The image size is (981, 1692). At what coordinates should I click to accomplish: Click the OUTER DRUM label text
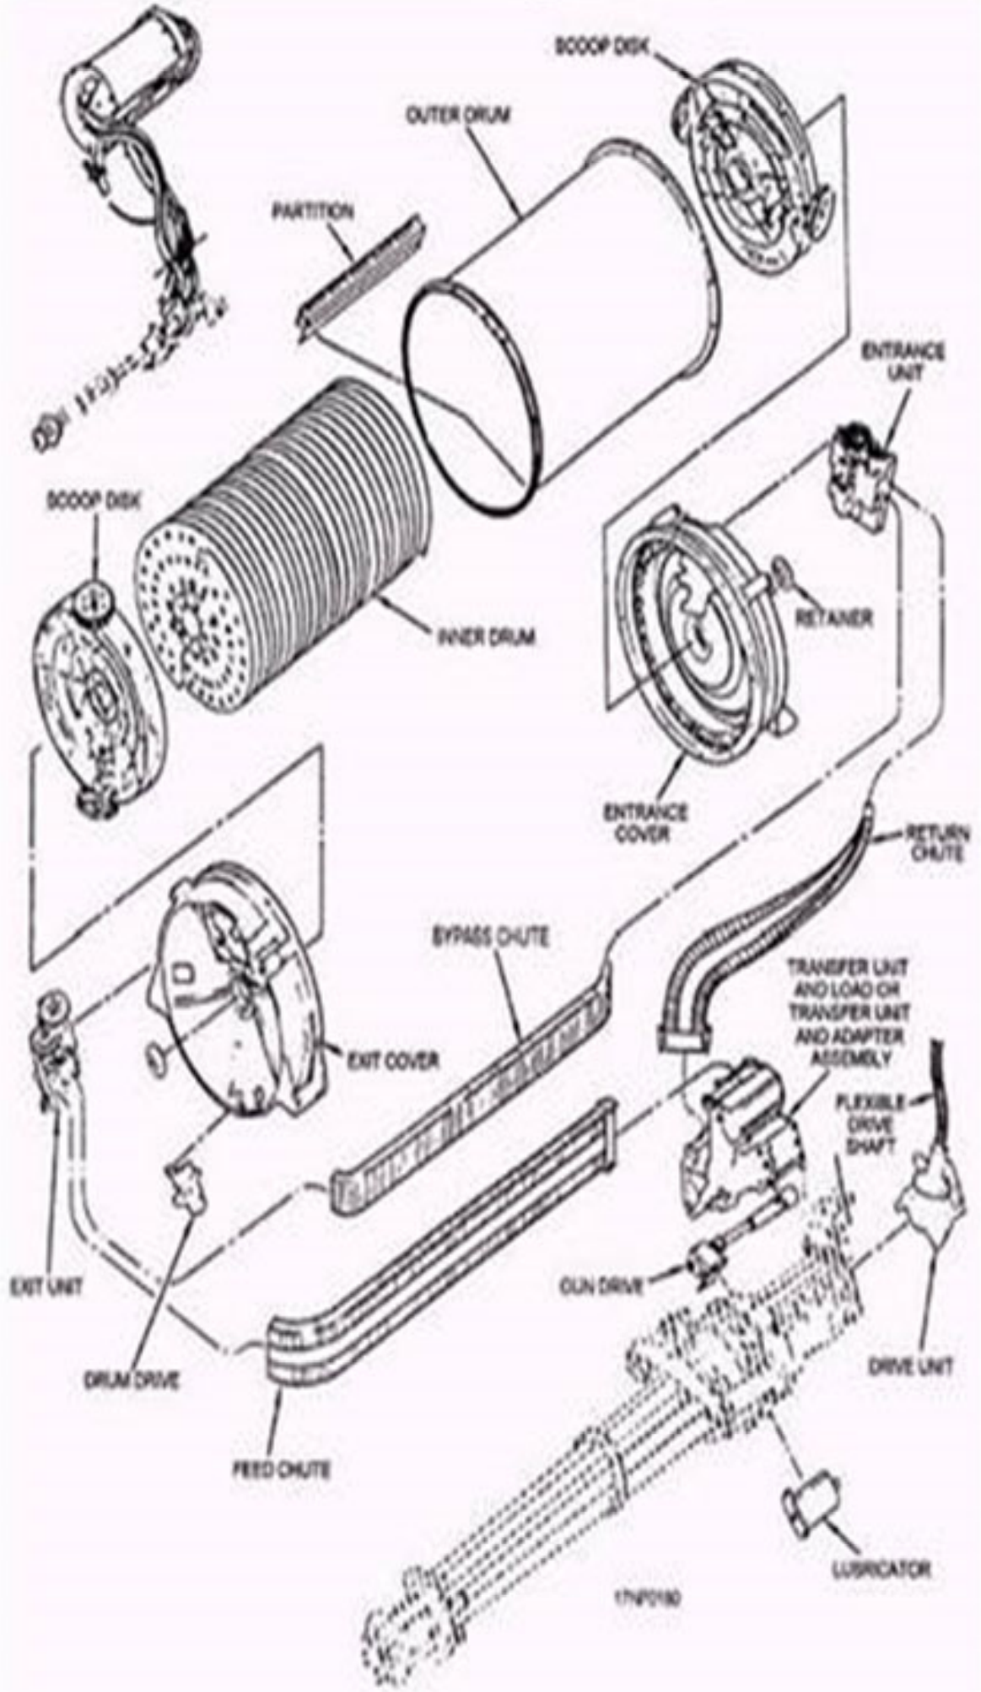(459, 115)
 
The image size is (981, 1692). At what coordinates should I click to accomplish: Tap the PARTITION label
(312, 211)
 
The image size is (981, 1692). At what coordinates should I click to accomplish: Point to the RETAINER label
(834, 619)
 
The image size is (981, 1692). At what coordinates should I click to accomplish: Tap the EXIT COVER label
(393, 1060)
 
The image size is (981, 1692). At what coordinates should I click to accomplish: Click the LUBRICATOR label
(881, 1569)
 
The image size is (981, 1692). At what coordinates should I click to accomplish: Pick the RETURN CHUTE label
(934, 843)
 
